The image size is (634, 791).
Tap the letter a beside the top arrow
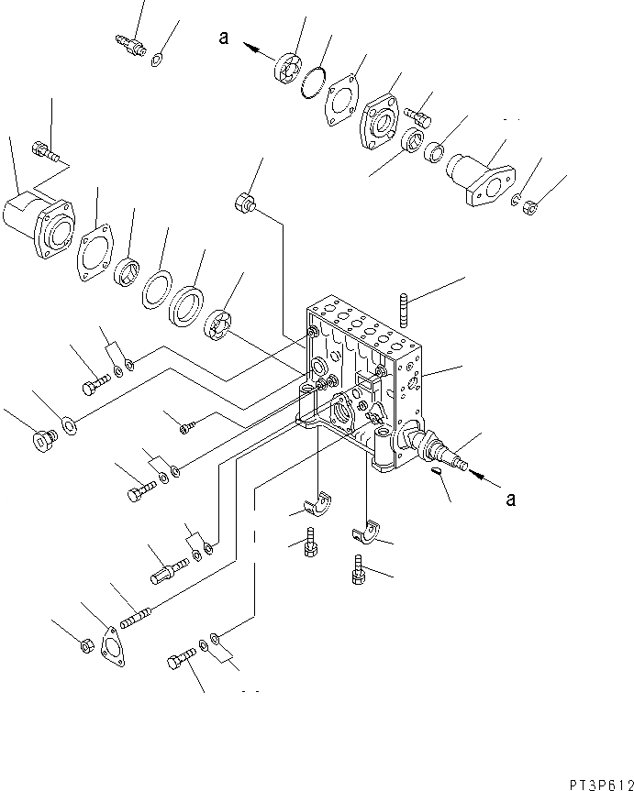[223, 38]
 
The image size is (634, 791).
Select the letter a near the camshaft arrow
[511, 499]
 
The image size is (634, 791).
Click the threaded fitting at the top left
[127, 42]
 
